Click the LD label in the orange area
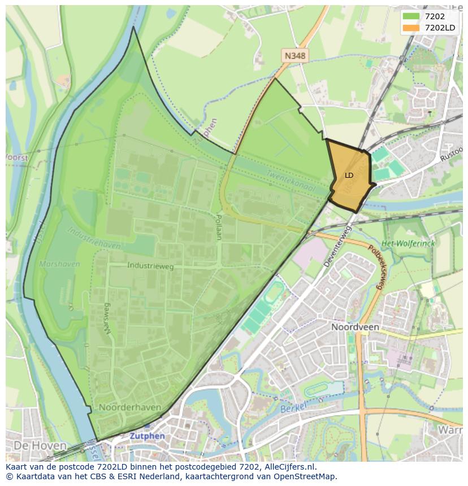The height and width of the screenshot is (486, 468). point(349,176)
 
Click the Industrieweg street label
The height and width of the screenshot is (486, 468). point(150,265)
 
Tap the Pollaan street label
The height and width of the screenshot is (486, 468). point(219,227)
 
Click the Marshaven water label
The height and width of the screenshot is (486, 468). point(55,264)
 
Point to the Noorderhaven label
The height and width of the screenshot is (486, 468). point(129,407)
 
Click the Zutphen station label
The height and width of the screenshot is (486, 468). point(147,436)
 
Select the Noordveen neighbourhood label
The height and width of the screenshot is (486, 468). point(355,327)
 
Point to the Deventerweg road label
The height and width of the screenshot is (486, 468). point(338,247)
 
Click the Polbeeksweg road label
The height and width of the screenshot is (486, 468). point(376,268)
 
